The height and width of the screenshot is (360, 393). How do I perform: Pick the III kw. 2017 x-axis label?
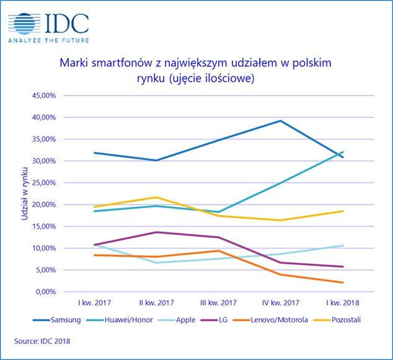218,303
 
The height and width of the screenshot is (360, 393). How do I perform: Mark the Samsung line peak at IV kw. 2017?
280,121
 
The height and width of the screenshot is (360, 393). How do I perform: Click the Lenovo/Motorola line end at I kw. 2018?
343,283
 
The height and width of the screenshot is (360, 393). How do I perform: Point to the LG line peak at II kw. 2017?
156,232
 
